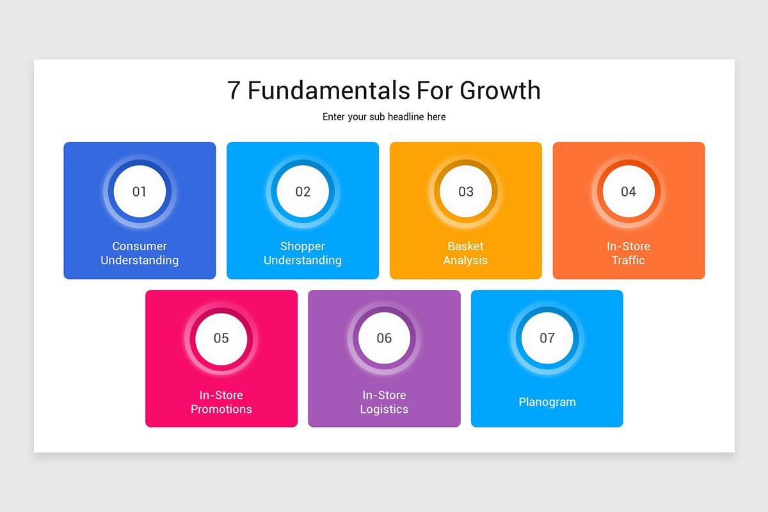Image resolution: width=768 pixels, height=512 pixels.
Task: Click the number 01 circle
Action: click(x=140, y=191)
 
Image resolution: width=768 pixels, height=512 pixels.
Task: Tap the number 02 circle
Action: click(x=303, y=191)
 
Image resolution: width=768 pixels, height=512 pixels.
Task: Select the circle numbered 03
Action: click(x=466, y=191)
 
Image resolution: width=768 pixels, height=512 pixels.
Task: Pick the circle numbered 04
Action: click(x=628, y=191)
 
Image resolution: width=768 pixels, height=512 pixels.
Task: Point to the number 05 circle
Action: click(x=221, y=338)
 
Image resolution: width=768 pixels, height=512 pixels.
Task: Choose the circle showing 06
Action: click(x=384, y=338)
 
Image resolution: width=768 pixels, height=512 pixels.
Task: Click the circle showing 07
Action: click(x=547, y=338)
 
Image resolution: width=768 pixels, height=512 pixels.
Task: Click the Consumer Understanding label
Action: click(x=140, y=253)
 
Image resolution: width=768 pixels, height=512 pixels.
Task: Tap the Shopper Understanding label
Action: click(x=303, y=253)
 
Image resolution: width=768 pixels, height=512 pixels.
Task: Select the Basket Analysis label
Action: click(x=466, y=253)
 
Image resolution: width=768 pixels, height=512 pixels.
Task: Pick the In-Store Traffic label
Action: click(x=628, y=253)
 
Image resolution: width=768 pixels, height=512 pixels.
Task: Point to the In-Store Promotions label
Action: click(x=221, y=402)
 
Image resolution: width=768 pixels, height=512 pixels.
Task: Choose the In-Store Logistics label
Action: click(x=384, y=402)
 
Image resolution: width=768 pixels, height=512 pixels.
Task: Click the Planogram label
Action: click(x=547, y=402)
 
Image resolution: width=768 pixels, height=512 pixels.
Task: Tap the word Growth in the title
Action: click(x=500, y=90)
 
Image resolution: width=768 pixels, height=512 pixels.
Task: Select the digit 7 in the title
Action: click(x=234, y=90)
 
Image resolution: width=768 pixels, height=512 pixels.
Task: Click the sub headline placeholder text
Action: click(x=384, y=117)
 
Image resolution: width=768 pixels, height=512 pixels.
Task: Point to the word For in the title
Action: click(x=435, y=90)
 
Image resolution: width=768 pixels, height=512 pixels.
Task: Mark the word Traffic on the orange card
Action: click(x=628, y=260)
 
